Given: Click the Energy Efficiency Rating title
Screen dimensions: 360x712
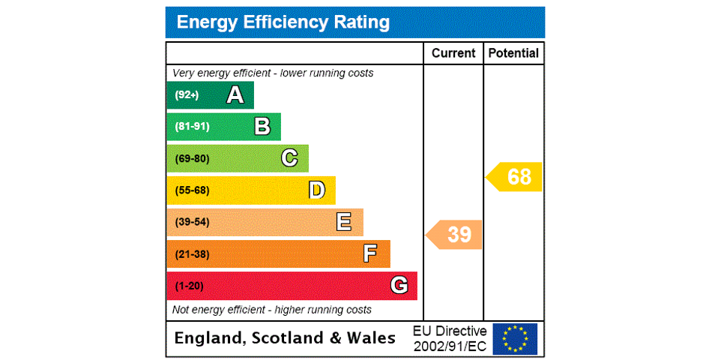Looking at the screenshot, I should point(283,22).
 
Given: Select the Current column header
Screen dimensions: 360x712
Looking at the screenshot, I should point(453,53).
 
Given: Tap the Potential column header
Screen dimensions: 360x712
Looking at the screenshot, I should point(513,53).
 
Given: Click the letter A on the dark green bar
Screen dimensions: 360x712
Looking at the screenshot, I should point(235,95).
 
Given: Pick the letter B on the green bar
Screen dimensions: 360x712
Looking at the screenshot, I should point(262,127).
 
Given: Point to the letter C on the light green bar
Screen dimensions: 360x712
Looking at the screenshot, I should point(289,158).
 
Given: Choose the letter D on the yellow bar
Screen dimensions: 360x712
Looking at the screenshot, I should point(317,190).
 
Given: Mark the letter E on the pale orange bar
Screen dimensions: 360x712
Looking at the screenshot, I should point(344,222).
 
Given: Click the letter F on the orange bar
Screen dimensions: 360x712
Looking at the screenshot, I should point(370,254).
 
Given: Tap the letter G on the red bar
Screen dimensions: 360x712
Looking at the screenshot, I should point(399,286).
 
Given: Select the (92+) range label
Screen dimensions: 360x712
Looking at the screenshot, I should point(187,95).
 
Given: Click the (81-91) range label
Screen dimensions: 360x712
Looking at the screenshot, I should point(192,127).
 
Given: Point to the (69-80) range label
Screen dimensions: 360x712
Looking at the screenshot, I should point(192,158).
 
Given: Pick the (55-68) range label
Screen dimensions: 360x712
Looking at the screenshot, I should point(192,190).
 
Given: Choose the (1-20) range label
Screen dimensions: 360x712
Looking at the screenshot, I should point(189,286).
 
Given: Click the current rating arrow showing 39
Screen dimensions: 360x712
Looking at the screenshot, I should point(455,235).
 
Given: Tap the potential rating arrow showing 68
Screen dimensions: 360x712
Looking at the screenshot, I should point(515,177).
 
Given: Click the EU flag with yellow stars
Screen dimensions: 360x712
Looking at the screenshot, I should point(515,338).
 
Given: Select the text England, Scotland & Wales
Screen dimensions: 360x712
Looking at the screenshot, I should point(285,338).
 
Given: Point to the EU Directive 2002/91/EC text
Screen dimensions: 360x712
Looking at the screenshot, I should point(450,338).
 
